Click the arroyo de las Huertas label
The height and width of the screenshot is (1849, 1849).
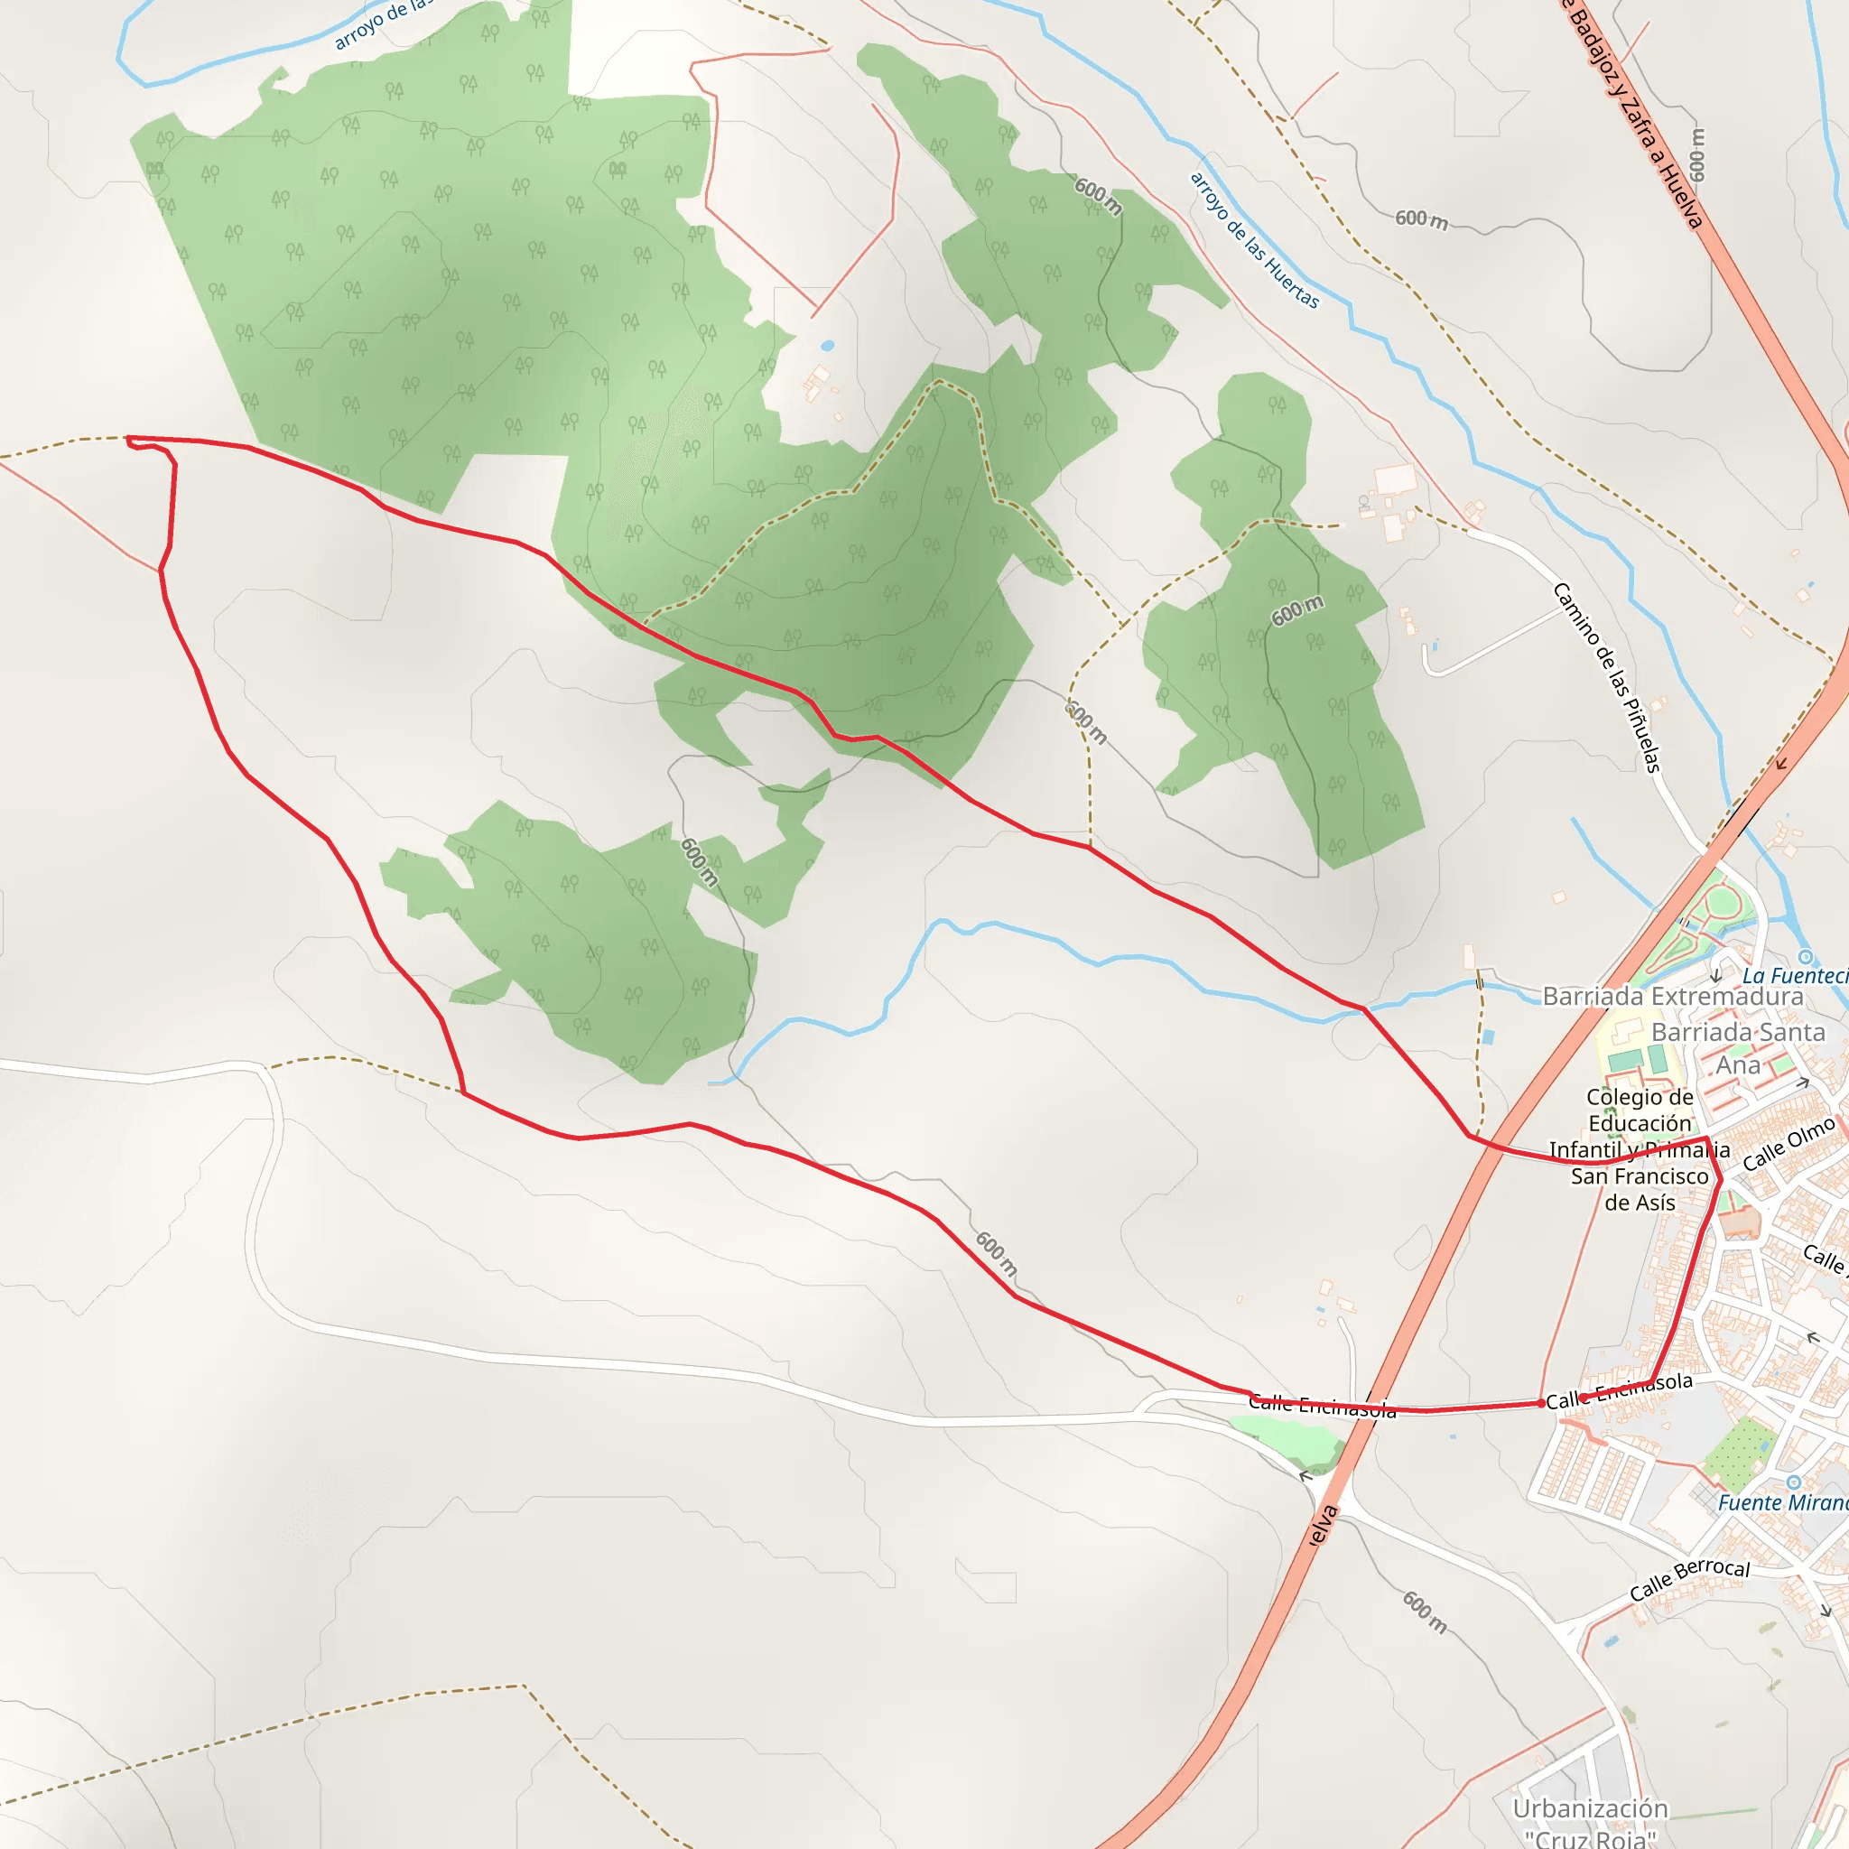pos(1254,239)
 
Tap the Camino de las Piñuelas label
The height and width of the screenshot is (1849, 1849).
pos(1607,676)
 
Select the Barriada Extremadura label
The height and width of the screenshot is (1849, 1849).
pos(1672,997)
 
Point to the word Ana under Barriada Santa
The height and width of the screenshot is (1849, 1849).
pos(1737,1065)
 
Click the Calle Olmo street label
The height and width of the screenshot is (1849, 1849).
pos(1788,1144)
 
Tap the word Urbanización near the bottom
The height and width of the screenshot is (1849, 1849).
pos(1590,1807)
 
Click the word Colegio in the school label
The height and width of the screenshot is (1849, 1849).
pos(1640,1097)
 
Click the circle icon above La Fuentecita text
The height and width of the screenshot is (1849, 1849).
pos(1805,957)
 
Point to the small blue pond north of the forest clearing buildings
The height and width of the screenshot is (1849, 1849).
pos(827,346)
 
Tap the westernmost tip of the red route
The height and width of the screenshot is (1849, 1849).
pos(128,440)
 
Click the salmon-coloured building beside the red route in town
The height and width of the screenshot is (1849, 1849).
pos(1739,1222)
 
